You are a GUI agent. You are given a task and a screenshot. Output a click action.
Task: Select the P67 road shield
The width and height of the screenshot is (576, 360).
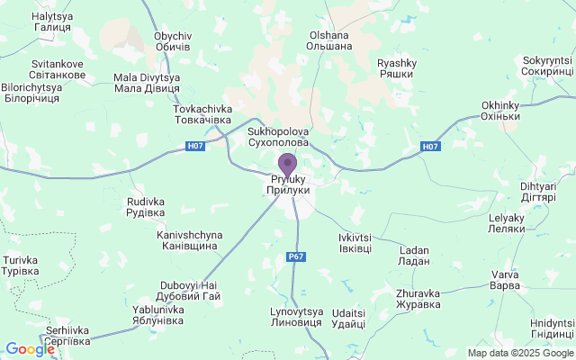pos(296,257)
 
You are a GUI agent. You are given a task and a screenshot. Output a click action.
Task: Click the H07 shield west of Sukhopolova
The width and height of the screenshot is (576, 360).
pos(195,146)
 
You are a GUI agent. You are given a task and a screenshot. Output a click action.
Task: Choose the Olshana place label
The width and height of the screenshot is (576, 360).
pos(329,40)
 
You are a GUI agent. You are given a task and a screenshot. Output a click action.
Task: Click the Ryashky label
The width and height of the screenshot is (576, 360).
pos(396,68)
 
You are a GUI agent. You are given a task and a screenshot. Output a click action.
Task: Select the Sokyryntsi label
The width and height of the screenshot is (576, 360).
pos(547,66)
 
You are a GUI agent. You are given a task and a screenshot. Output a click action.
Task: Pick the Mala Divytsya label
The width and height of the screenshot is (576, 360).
pos(148,83)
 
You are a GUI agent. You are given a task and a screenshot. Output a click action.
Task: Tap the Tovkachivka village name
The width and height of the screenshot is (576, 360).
pos(202,114)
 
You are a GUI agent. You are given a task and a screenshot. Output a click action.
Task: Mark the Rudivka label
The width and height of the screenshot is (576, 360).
pos(146,207)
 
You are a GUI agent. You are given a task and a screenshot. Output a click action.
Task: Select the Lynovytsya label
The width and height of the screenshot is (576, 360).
pos(295,317)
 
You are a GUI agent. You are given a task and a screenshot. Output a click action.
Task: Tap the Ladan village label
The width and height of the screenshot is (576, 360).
pos(414,254)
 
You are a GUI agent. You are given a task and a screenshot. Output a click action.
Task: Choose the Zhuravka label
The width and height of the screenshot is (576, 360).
pos(418,298)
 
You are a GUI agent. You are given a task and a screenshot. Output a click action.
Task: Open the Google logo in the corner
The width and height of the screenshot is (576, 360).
pos(30,349)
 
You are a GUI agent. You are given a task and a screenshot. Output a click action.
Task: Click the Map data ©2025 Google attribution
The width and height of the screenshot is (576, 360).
pos(520,353)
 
